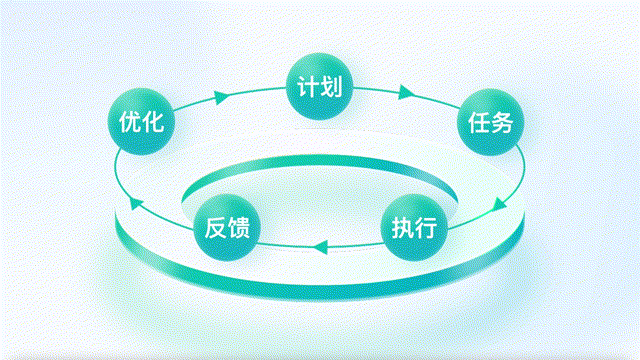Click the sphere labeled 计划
(x=319, y=86)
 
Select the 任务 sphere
(x=490, y=122)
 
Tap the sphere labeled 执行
(x=414, y=227)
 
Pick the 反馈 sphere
(x=227, y=227)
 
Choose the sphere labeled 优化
(x=141, y=121)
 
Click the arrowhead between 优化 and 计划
(x=222, y=97)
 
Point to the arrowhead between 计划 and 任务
(x=407, y=92)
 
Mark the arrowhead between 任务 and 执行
(x=500, y=204)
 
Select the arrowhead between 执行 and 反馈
(x=320, y=247)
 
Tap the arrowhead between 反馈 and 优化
(x=136, y=202)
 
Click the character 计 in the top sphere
(x=307, y=87)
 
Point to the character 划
(x=331, y=87)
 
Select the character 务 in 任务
(x=502, y=122)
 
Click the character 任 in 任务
(x=478, y=122)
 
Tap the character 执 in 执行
(x=402, y=228)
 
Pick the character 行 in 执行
(x=426, y=228)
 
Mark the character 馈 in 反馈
(x=239, y=228)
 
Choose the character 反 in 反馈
(x=215, y=228)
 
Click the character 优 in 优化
(x=129, y=122)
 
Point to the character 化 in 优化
(x=153, y=122)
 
